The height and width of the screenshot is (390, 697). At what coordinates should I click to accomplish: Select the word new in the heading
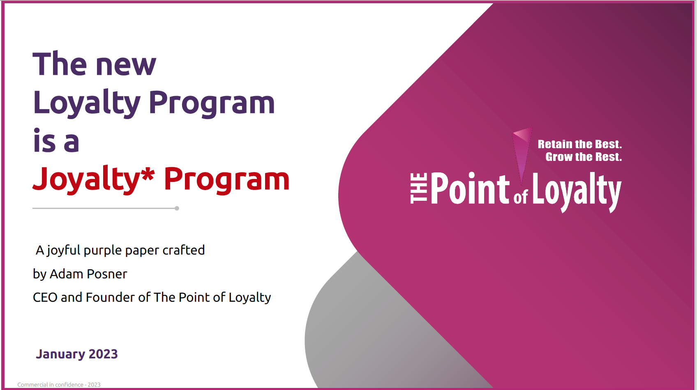pos(126,66)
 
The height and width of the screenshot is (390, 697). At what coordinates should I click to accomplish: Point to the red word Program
pos(226,180)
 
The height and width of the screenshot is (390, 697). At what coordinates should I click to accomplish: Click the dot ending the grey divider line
pos(177,208)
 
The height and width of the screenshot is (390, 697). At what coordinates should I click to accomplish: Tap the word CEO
pos(45,297)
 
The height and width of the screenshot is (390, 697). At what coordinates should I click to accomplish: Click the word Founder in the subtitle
pos(111,297)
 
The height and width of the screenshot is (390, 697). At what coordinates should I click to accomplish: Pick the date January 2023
pos(77,354)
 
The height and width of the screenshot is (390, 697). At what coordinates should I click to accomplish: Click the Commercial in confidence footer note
pos(59,385)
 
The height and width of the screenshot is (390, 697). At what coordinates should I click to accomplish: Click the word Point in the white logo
pos(470,188)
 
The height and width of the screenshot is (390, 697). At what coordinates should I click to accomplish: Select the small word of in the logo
pos(521,197)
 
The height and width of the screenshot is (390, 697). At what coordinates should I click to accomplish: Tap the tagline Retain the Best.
pos(580,144)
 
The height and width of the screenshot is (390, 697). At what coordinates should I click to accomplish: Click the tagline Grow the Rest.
pos(584,157)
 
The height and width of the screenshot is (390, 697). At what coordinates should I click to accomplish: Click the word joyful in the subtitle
pos(64,251)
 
